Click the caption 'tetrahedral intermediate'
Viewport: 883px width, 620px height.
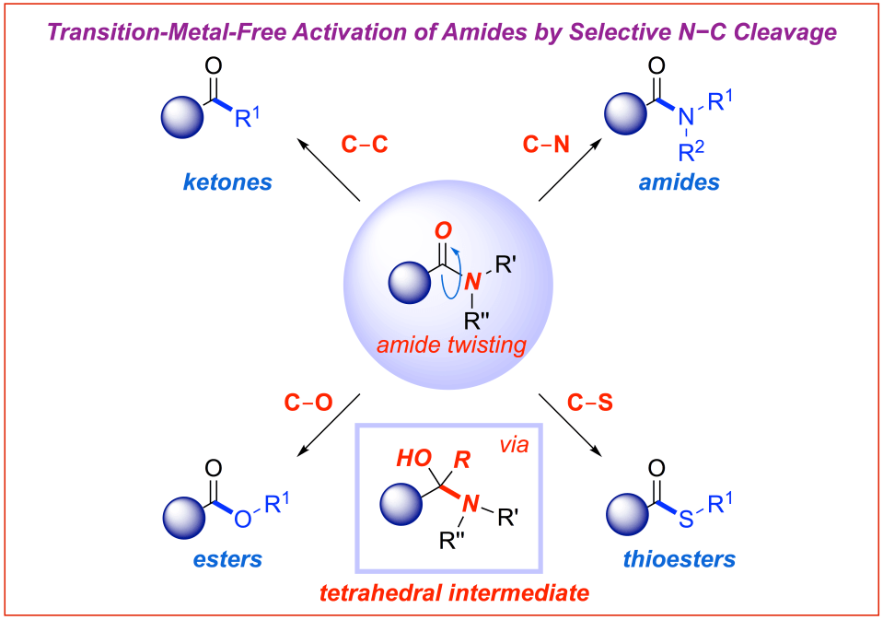click(x=454, y=592)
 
